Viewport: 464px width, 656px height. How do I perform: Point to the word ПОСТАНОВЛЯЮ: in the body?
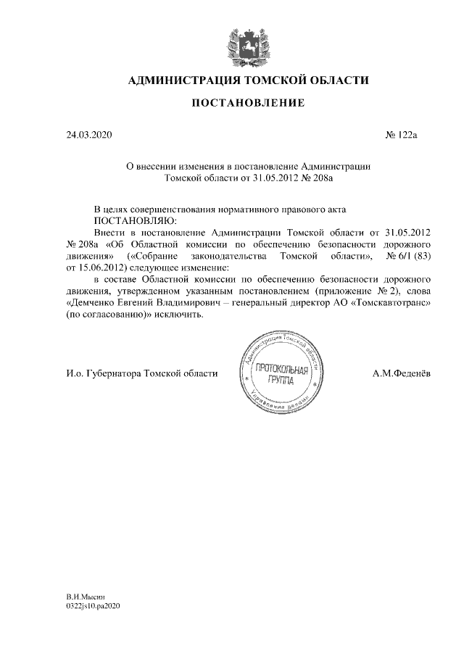[135, 219]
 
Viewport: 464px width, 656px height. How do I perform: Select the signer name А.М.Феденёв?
[401, 373]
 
